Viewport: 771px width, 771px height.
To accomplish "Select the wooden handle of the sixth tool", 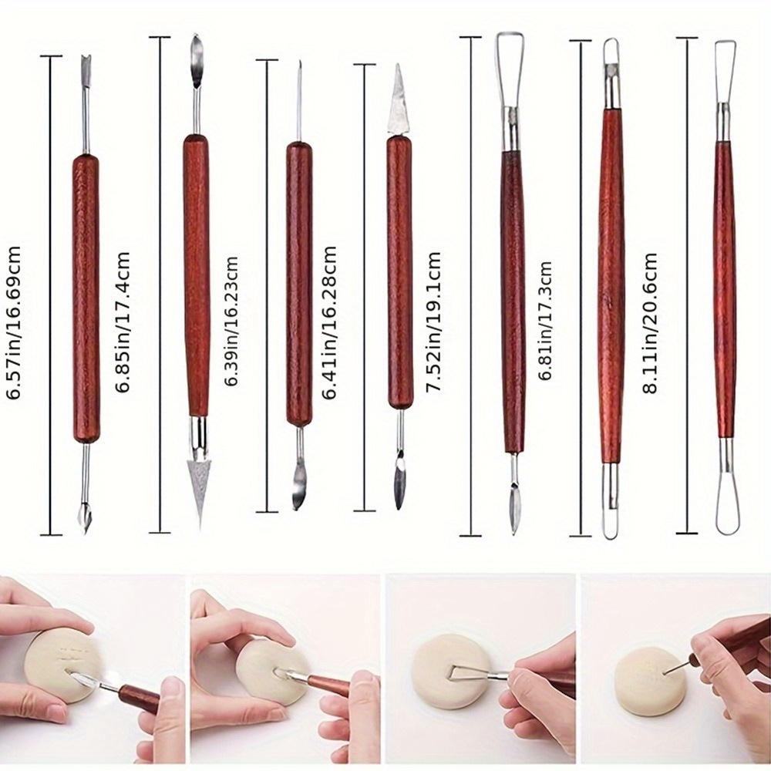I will pos(611,285).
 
